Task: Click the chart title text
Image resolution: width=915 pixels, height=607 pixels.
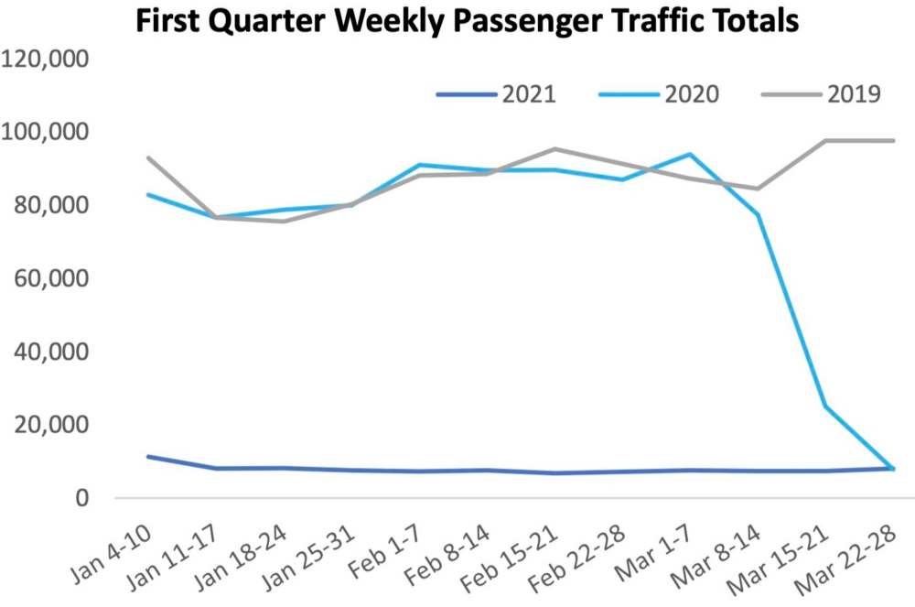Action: tap(468, 21)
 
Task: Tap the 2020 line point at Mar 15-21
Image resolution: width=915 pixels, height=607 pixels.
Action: tap(826, 406)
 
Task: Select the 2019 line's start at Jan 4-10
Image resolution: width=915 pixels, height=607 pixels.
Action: tap(147, 157)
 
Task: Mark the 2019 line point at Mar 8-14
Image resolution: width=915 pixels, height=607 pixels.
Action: tap(759, 189)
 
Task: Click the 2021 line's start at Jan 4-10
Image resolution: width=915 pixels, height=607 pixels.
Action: tap(147, 456)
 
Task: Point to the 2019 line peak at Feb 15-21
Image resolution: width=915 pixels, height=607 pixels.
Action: tap(554, 148)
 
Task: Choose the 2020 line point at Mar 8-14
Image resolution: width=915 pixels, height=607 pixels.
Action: tap(759, 214)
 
